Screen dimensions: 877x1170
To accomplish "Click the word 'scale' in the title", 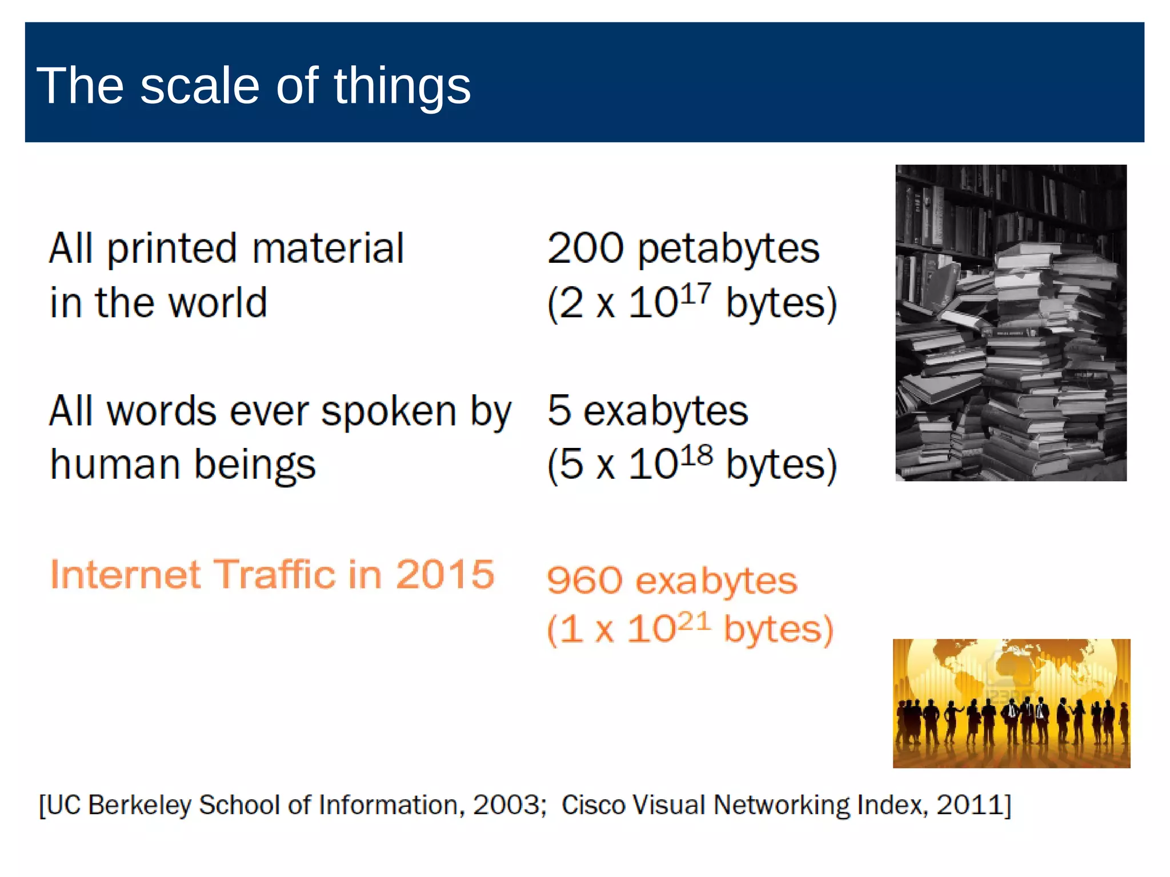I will [200, 86].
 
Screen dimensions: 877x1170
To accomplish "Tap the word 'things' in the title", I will [402, 87].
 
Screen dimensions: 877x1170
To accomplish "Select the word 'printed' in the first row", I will [172, 250].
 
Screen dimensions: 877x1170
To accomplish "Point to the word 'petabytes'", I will [728, 250].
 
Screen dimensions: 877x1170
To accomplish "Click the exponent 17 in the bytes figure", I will [696, 293].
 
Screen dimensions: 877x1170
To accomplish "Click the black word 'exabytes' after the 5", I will [666, 411].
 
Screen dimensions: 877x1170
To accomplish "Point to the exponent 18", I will [696, 455].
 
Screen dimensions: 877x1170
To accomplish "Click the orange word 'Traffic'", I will [274, 574].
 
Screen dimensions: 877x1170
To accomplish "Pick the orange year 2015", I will [445, 574].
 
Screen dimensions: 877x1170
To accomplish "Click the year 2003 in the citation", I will [506, 806].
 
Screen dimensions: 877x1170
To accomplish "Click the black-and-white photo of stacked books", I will [1011, 323].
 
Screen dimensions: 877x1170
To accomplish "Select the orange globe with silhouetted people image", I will [1011, 703].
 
